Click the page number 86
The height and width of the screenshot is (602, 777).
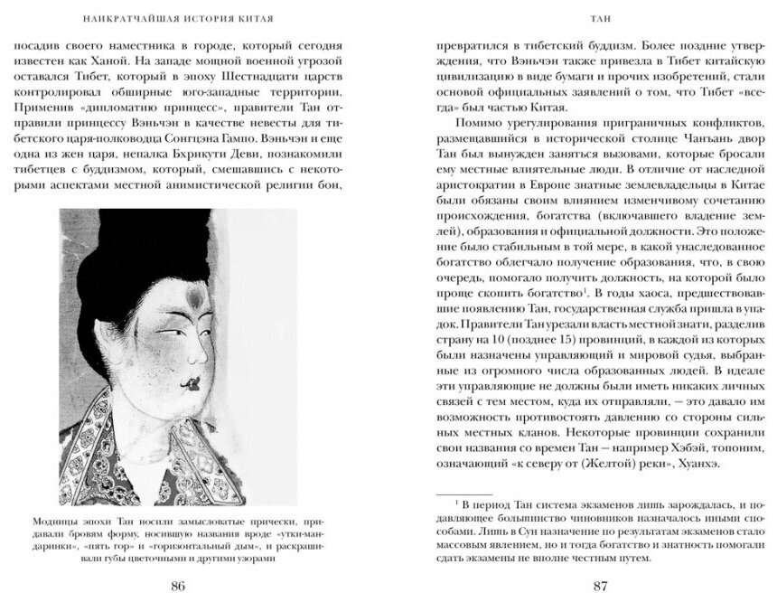(x=178, y=585)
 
